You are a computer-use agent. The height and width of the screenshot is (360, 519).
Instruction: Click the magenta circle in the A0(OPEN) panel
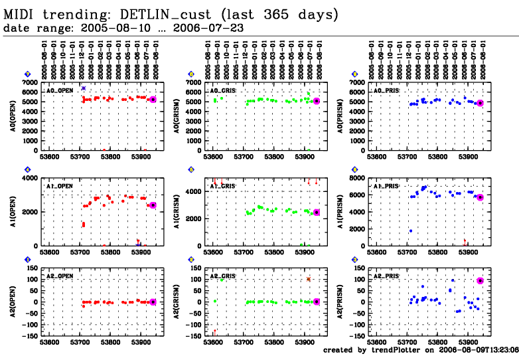click(x=153, y=100)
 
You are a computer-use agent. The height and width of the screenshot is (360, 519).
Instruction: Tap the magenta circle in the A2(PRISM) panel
click(x=480, y=281)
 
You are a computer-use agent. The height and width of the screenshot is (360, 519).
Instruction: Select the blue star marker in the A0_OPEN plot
click(x=84, y=88)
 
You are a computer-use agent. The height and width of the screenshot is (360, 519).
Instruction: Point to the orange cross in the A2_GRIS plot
click(x=309, y=279)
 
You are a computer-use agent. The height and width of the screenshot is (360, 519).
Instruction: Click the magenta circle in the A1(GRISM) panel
click(x=317, y=213)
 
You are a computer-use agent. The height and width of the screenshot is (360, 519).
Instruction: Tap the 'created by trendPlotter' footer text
click(x=419, y=349)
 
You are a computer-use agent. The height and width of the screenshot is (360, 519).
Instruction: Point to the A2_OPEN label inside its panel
click(x=60, y=274)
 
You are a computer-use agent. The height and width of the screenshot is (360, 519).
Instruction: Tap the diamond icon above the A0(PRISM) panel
click(x=355, y=74)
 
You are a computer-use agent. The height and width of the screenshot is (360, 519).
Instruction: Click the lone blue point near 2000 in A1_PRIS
click(x=411, y=230)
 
